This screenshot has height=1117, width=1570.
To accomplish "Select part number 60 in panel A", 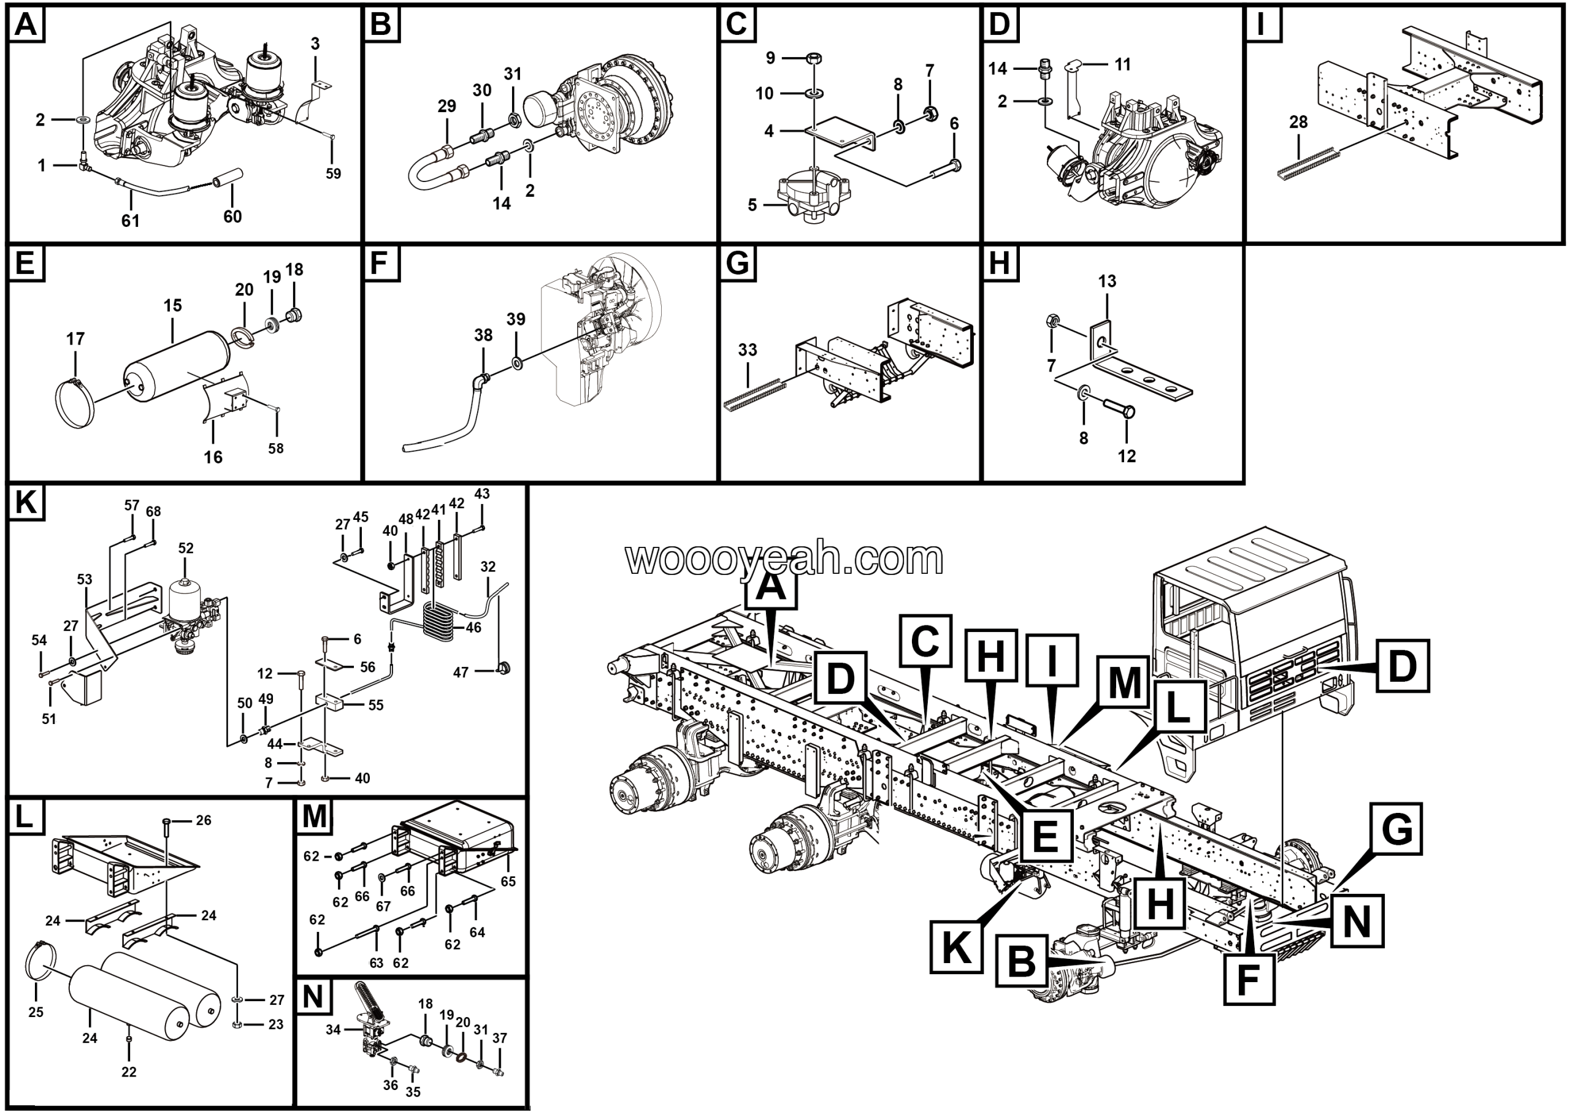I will coord(232,216).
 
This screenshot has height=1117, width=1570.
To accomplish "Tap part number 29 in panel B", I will coord(446,106).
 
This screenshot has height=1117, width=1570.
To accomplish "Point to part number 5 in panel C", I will coord(752,205).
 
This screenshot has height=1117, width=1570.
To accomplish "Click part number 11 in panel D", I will coord(1122,64).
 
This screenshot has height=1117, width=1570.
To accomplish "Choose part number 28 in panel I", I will coord(1298,123).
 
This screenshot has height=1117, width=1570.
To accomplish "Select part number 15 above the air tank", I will coord(173,305).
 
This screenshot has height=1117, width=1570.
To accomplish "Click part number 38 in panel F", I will coord(483,335).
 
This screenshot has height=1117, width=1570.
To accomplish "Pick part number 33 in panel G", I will coord(747,349).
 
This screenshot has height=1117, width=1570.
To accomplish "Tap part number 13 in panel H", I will coord(1107,281).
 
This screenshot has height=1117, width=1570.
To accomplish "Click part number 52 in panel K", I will coord(186,547).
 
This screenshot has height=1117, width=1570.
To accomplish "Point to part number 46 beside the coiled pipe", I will coord(473,627).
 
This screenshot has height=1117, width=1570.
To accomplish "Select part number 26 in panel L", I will coord(204,820).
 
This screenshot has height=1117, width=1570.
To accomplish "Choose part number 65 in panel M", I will coord(508,881).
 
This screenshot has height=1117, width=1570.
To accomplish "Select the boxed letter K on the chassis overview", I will coord(956,947).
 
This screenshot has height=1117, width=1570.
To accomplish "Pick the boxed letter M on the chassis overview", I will coord(1124,682).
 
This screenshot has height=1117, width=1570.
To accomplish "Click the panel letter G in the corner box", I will coord(738,264).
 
